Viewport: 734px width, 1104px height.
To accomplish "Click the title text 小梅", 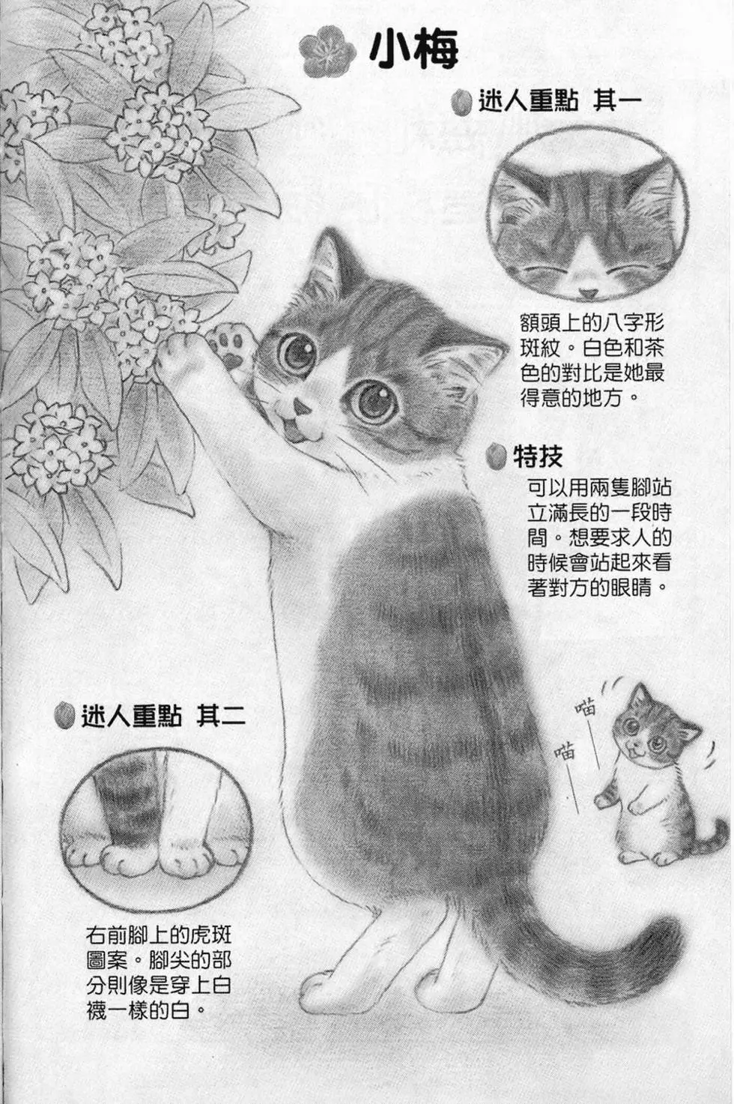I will [413, 49].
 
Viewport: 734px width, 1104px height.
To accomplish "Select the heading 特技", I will [538, 456].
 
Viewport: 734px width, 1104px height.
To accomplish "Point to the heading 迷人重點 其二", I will [163, 717].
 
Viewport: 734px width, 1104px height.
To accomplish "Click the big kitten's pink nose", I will [302, 407].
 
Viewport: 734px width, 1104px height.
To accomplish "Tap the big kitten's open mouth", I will [298, 432].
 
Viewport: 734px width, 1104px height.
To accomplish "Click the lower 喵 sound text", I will [565, 750].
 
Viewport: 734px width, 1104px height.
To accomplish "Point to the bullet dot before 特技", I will [495, 456].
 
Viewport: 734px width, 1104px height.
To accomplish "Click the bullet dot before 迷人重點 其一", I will [463, 101].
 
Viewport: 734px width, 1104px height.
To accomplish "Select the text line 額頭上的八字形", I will [592, 325].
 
